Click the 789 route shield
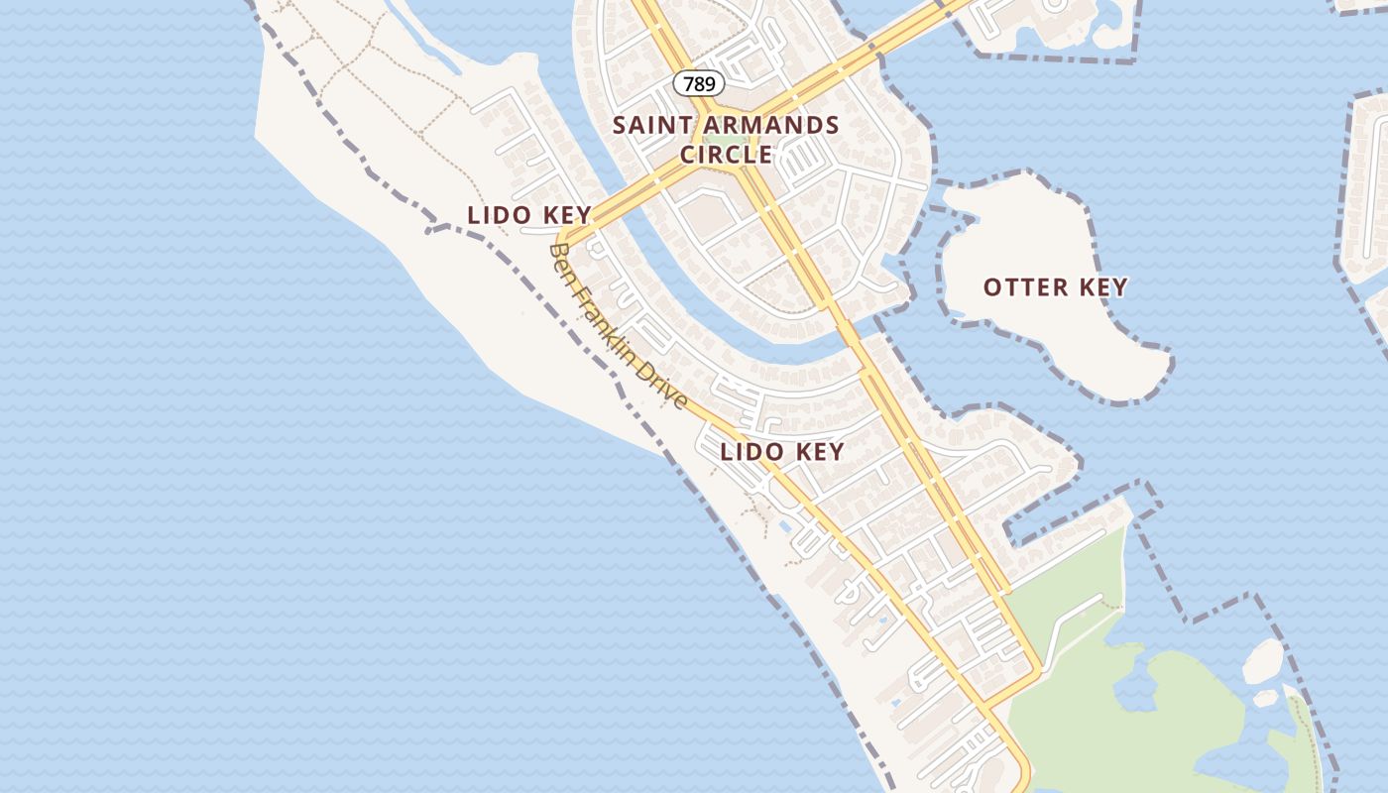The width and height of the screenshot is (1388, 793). [699, 83]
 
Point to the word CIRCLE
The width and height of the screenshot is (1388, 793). [726, 155]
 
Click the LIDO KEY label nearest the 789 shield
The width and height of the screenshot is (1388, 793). [529, 215]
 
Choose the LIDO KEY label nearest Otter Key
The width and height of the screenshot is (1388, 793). [782, 452]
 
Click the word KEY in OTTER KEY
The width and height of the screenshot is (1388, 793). [1104, 287]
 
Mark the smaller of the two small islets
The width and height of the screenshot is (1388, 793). [1264, 698]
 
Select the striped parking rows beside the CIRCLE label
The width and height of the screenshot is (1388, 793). [799, 159]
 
